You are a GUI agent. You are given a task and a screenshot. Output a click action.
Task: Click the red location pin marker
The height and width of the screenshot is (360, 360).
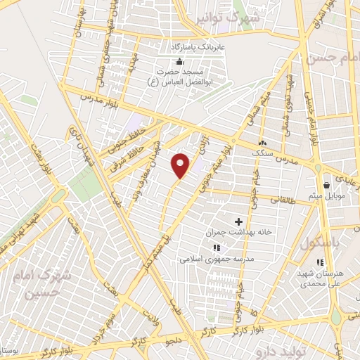[x=181, y=165]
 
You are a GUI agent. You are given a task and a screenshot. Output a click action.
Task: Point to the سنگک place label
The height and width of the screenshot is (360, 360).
[x=262, y=150]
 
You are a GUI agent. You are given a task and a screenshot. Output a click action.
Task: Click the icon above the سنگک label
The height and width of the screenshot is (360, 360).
[x=262, y=141]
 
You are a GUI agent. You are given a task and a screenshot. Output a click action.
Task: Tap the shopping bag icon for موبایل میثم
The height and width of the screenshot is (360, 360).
[x=326, y=185]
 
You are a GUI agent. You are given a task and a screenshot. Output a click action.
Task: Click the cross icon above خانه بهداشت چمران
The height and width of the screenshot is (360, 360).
[x=248, y=221]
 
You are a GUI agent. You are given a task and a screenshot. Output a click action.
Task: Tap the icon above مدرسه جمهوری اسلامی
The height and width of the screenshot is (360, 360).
[x=217, y=247]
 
